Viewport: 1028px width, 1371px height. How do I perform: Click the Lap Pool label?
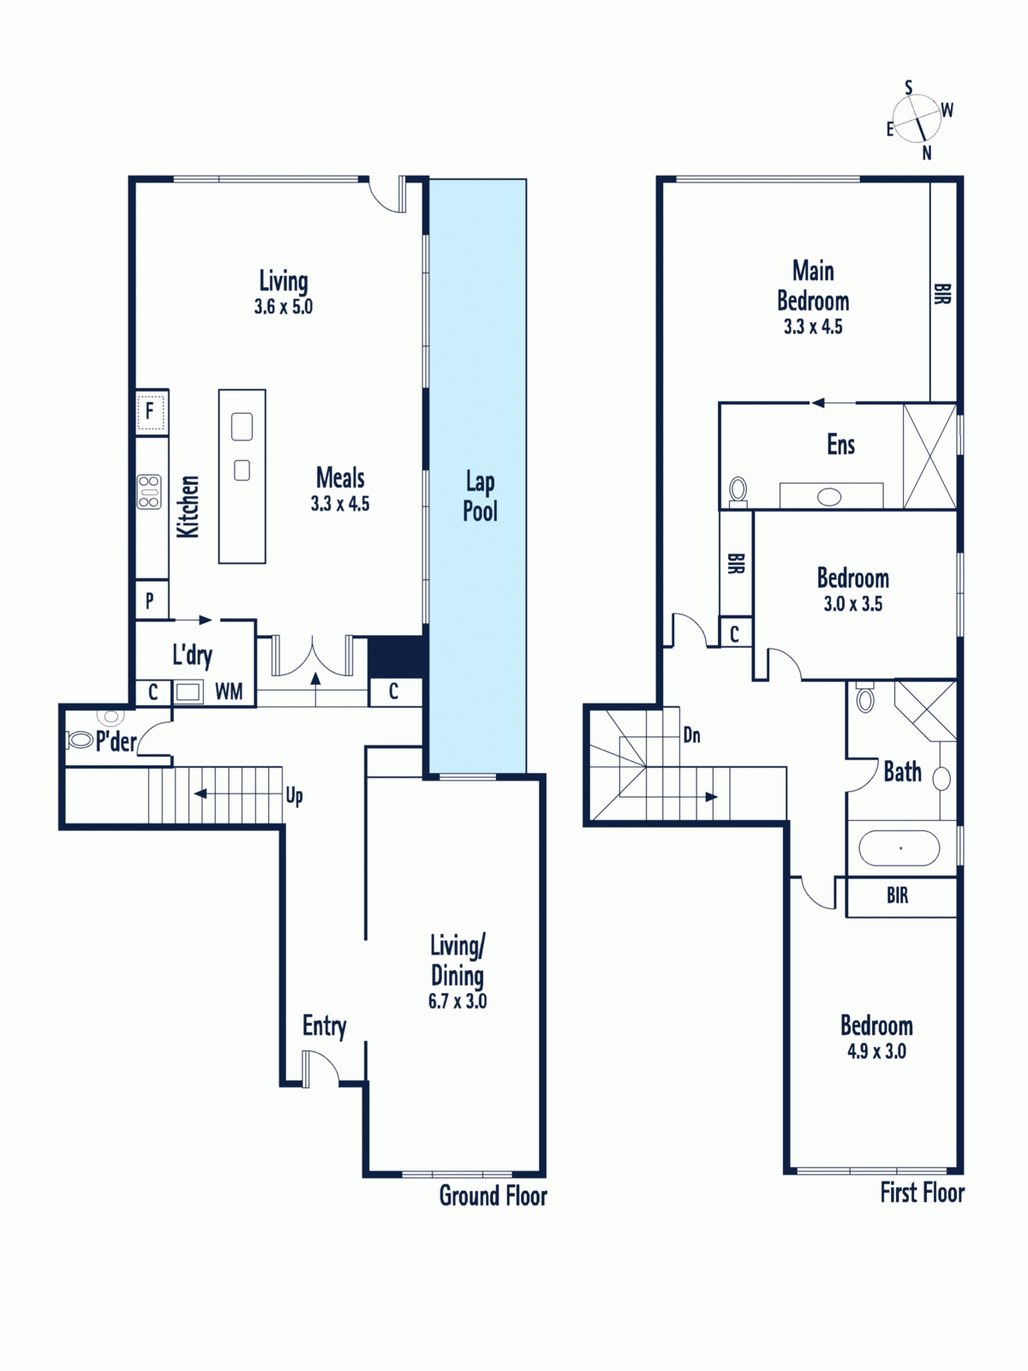(x=480, y=496)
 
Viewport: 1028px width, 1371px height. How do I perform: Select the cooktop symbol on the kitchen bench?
(x=150, y=492)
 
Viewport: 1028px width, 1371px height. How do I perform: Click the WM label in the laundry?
(x=229, y=691)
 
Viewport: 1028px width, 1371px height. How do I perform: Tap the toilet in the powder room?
(x=80, y=741)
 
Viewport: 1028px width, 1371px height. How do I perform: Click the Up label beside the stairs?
(x=294, y=796)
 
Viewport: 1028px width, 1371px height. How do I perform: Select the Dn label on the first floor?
(x=691, y=735)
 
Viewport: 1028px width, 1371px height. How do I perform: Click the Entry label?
(x=324, y=1026)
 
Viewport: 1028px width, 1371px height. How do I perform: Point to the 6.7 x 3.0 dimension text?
(x=457, y=1001)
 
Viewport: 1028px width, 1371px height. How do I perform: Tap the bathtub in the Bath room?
(x=899, y=847)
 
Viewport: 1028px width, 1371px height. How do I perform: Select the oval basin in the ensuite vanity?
(x=829, y=496)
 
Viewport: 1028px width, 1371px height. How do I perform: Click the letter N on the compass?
(x=927, y=153)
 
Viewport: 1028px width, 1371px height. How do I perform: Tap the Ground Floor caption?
(x=493, y=1195)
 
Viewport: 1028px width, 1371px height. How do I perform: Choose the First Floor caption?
(x=923, y=1193)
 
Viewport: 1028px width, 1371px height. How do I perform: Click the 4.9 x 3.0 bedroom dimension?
(x=876, y=1051)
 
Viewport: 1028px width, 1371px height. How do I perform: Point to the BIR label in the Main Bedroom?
(x=942, y=294)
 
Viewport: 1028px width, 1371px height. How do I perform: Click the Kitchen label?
(x=188, y=506)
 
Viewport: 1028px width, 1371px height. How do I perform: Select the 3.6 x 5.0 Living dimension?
(x=284, y=307)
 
